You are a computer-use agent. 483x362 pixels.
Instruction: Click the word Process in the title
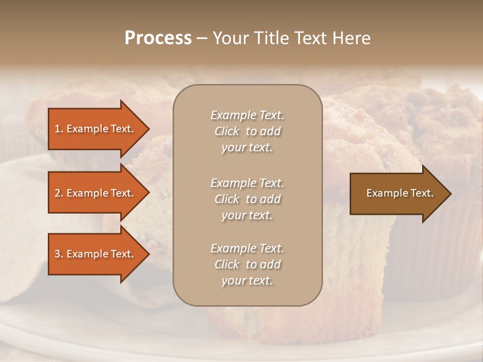pyautogui.click(x=158, y=38)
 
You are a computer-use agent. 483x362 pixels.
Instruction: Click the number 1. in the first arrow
pyautogui.click(x=59, y=129)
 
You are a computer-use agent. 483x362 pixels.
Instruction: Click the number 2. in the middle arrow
pyautogui.click(x=59, y=193)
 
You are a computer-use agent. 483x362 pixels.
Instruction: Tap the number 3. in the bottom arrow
pyautogui.click(x=59, y=254)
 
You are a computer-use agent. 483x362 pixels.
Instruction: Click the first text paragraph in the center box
pyautogui.click(x=247, y=131)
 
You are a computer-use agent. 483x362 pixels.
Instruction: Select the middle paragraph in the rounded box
pyautogui.click(x=247, y=199)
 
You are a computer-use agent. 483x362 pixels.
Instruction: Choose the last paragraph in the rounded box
pyautogui.click(x=247, y=264)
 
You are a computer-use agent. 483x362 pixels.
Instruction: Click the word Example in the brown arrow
pyautogui.click(x=384, y=193)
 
